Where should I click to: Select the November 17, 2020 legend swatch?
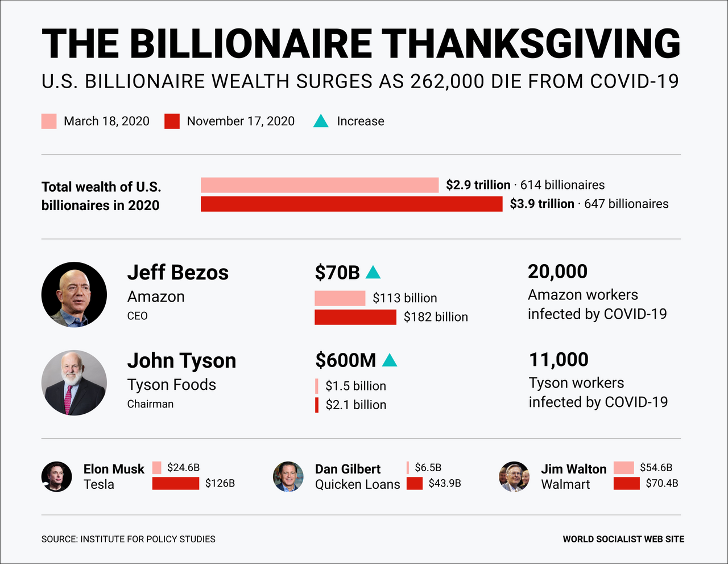(172, 121)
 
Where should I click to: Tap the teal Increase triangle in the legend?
(321, 121)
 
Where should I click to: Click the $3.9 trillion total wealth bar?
(351, 204)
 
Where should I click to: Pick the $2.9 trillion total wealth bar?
(320, 185)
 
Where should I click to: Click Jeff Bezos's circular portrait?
(74, 294)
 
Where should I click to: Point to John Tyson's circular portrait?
(74, 382)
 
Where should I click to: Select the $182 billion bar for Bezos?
(355, 317)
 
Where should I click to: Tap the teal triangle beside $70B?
(373, 273)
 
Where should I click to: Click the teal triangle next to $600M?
(390, 360)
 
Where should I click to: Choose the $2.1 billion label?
(356, 405)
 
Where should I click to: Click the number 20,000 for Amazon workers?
(557, 271)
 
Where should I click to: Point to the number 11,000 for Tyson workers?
(559, 360)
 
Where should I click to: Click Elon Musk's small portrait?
(57, 476)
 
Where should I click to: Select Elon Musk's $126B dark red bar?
(176, 483)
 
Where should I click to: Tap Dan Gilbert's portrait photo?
(288, 476)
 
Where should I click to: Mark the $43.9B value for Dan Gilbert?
(445, 483)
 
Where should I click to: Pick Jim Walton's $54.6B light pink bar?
(624, 468)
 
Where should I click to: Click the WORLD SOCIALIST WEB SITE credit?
(623, 539)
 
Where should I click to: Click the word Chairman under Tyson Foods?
(150, 404)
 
